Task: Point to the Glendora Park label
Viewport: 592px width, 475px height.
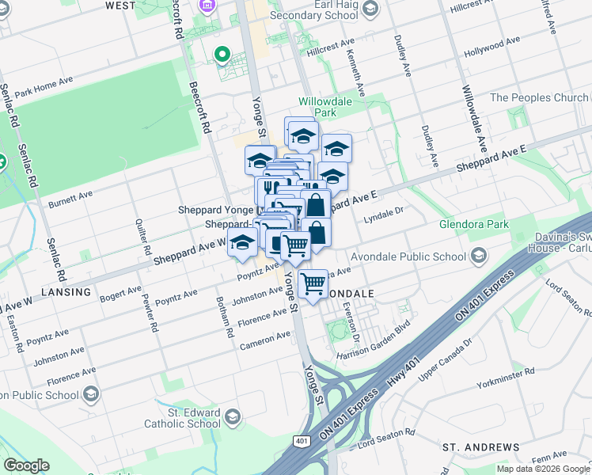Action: pos(474,225)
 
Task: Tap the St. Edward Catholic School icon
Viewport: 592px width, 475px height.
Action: pos(233,416)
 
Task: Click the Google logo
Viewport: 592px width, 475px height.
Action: pos(26,465)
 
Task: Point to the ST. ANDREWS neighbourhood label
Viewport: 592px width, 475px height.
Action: pos(475,447)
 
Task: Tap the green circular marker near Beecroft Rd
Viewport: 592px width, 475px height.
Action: pos(223,55)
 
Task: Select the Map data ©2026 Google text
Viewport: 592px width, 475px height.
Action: pos(542,469)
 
